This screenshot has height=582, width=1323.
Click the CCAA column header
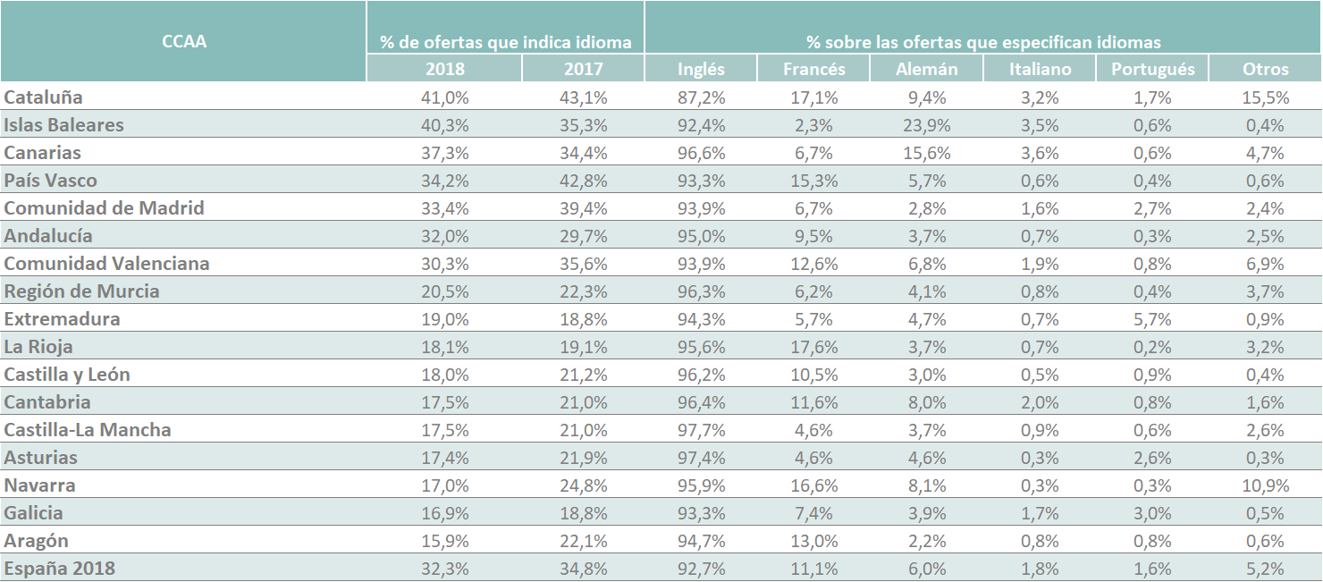(x=184, y=41)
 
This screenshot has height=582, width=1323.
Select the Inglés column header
(x=701, y=69)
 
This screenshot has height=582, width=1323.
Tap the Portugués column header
(x=1153, y=69)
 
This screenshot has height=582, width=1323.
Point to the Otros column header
(x=1266, y=69)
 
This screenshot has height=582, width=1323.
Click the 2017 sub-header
(x=584, y=69)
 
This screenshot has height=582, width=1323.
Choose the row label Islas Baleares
(x=63, y=124)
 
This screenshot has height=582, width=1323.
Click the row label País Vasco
(x=51, y=181)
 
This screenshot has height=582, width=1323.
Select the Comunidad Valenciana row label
(x=107, y=264)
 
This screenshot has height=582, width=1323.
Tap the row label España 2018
(x=60, y=569)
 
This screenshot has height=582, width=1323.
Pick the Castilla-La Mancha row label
(x=88, y=429)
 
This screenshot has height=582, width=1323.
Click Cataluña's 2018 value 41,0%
(x=445, y=97)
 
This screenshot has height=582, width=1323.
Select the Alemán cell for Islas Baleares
(x=927, y=125)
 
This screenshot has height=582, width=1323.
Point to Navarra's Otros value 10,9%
(x=1266, y=485)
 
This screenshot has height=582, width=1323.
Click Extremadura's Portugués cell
(x=1152, y=320)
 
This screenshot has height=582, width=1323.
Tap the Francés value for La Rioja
(x=814, y=347)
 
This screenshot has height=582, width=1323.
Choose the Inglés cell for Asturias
(x=701, y=458)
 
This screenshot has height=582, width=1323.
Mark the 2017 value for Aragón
(x=584, y=541)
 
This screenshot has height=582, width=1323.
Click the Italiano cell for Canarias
(x=1041, y=153)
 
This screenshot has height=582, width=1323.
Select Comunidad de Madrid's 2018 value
(x=445, y=208)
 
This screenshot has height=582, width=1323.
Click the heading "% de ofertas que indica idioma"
(x=506, y=42)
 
